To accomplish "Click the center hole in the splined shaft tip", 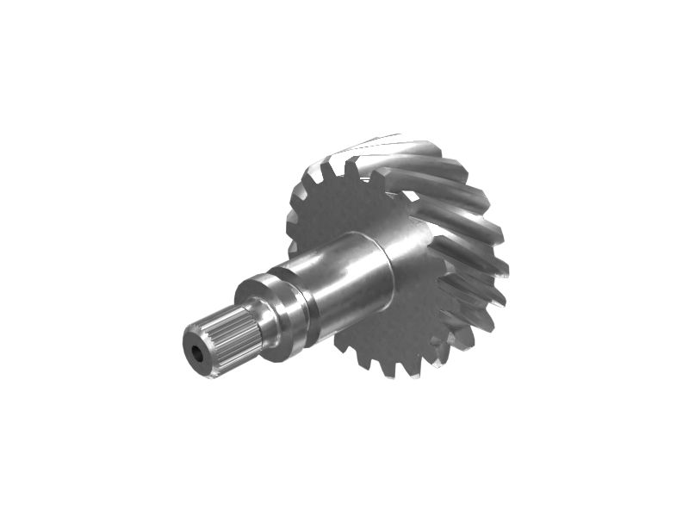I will [x=199, y=354].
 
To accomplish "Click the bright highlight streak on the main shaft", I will [x=340, y=258].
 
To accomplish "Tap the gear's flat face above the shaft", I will [x=344, y=207].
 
